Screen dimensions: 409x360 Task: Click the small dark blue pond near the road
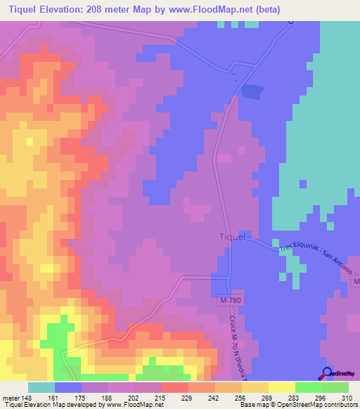click(x=252, y=91)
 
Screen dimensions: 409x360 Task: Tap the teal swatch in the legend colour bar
click(x=41, y=387)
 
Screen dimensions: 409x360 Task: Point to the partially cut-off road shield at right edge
click(x=356, y=281)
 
